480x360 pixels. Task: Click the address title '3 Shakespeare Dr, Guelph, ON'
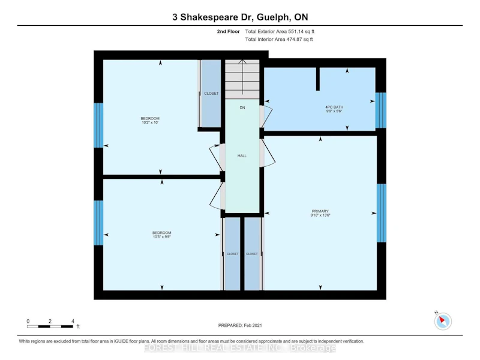click(240, 17)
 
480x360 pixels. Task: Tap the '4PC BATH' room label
click(334, 107)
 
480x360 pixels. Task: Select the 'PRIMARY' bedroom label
click(320, 211)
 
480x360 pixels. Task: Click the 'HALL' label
click(242, 156)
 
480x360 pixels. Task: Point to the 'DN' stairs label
click(242, 108)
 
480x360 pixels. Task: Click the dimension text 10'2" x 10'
click(150, 122)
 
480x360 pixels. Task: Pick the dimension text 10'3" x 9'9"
click(162, 236)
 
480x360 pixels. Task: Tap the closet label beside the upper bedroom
click(211, 94)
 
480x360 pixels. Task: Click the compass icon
click(443, 321)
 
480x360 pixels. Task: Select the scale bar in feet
click(50, 326)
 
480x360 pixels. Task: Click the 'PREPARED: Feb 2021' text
click(240, 325)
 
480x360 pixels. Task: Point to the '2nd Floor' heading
click(229, 31)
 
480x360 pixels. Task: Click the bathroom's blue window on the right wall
click(381, 110)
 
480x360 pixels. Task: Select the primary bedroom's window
click(382, 213)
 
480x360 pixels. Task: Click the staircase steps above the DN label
click(242, 79)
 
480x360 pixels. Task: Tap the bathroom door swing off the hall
click(266, 116)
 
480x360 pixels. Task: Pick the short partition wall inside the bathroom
click(318, 79)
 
